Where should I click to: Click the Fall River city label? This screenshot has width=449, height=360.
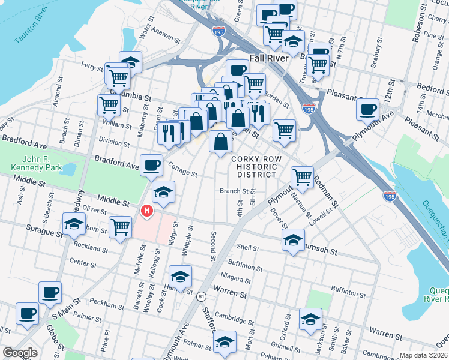(x=269, y=59)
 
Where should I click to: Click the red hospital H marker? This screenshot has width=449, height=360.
(x=146, y=211)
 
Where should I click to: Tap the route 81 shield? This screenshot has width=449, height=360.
(x=201, y=296)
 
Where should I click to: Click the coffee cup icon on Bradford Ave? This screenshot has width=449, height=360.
(x=152, y=164)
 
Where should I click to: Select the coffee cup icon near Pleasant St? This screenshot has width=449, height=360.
(x=368, y=109)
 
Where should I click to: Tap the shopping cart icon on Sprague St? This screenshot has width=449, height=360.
(x=120, y=226)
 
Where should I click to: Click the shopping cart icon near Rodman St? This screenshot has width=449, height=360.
(x=302, y=176)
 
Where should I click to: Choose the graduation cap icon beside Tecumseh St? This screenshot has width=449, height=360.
(x=292, y=240)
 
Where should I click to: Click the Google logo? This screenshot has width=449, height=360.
(x=20, y=353)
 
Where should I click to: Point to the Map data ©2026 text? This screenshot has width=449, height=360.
(x=423, y=355)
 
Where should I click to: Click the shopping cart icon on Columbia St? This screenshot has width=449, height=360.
(x=109, y=104)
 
